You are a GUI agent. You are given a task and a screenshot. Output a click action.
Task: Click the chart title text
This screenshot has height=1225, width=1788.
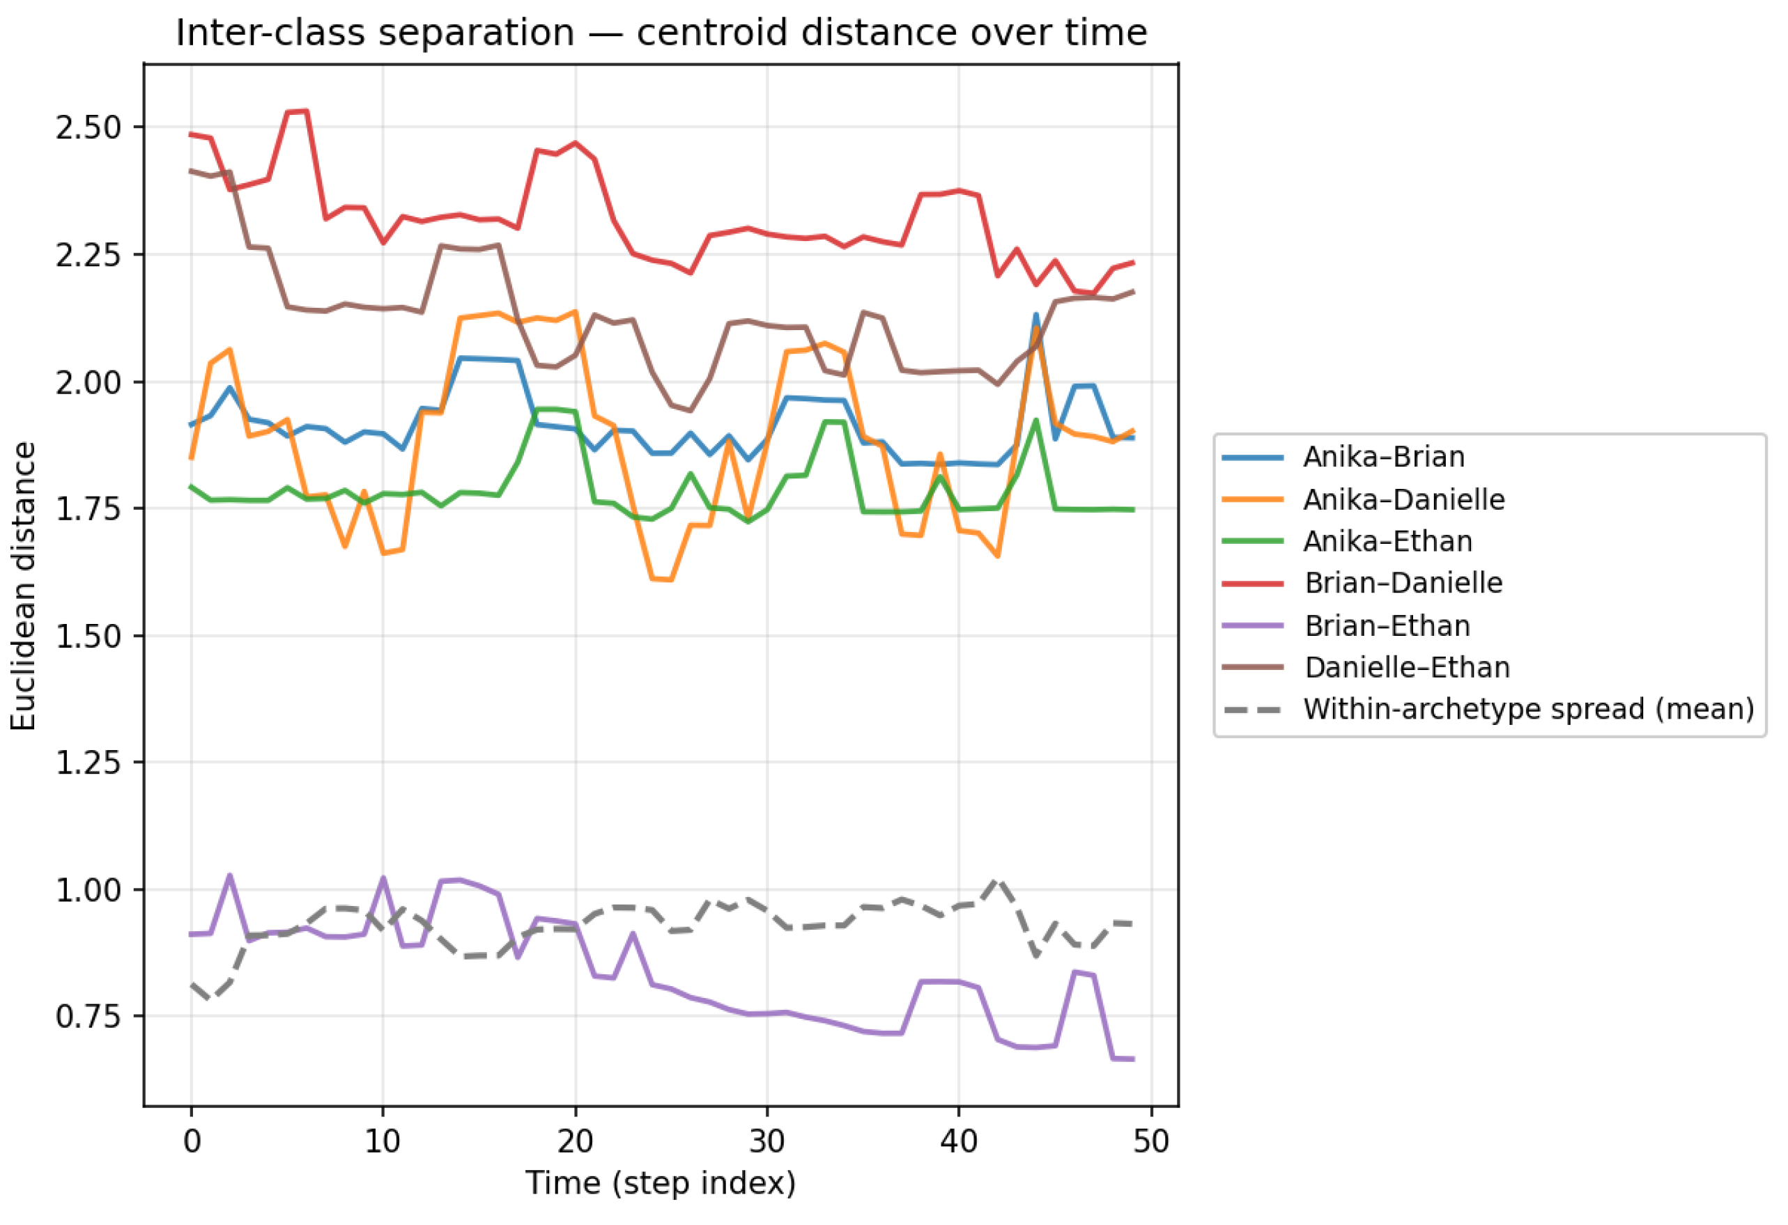point(661,33)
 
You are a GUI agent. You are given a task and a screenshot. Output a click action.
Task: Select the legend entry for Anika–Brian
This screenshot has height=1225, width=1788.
point(1383,457)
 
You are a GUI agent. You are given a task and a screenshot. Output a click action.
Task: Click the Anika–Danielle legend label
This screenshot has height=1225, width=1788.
point(1403,500)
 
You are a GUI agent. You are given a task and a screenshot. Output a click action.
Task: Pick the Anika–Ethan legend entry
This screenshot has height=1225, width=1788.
point(1387,541)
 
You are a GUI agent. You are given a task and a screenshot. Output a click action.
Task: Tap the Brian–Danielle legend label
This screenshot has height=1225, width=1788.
point(1403,583)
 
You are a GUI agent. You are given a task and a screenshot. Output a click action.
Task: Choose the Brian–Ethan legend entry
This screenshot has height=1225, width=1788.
point(1387,626)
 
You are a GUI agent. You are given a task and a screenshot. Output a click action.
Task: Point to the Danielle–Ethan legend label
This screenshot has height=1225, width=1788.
point(1407,667)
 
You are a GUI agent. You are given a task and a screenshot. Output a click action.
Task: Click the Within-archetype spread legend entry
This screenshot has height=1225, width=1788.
point(1529,709)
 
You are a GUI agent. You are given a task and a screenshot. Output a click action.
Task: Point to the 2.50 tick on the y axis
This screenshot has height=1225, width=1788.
point(88,127)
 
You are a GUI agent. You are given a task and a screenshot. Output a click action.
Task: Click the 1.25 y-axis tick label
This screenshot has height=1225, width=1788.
point(88,763)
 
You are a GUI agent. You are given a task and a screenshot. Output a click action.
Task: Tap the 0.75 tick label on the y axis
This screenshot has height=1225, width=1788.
point(88,1017)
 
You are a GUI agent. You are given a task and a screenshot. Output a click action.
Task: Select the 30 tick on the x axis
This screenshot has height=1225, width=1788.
point(767,1141)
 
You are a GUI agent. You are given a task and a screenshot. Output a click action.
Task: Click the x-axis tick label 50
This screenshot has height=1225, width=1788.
point(1151,1141)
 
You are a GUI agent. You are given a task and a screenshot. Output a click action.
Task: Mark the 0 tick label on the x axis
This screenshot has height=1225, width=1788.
point(192,1141)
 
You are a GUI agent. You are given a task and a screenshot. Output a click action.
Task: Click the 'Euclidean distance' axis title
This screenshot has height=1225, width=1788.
point(23,586)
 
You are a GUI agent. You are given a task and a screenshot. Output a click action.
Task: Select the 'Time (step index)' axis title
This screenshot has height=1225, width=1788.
point(660,1183)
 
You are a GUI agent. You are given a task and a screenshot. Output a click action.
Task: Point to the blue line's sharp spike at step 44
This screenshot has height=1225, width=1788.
point(1036,315)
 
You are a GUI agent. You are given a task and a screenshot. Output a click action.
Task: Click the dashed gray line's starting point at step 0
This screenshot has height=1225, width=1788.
point(192,983)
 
